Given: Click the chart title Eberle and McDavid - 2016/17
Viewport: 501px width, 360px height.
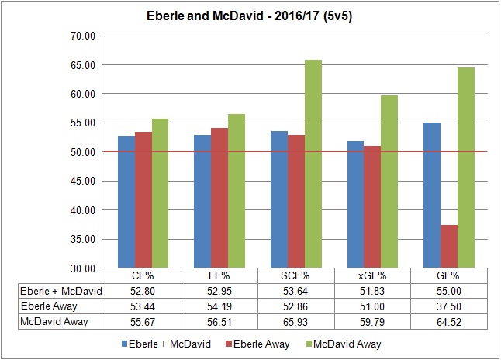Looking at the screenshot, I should coord(250,16).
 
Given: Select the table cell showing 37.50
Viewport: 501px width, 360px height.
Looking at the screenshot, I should coord(447,306).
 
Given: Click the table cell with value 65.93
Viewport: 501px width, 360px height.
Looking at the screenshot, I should coord(295,321).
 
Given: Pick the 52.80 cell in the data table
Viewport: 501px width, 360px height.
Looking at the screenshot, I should coord(143,290).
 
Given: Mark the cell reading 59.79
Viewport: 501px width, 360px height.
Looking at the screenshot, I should coord(371,321).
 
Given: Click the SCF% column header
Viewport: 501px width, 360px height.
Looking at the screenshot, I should coord(295,275).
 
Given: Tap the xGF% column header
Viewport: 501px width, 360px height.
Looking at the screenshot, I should coord(371,275).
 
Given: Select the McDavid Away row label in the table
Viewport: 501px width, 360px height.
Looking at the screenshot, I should coord(54,321).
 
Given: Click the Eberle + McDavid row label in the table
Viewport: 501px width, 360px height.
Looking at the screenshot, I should coord(54,290).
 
